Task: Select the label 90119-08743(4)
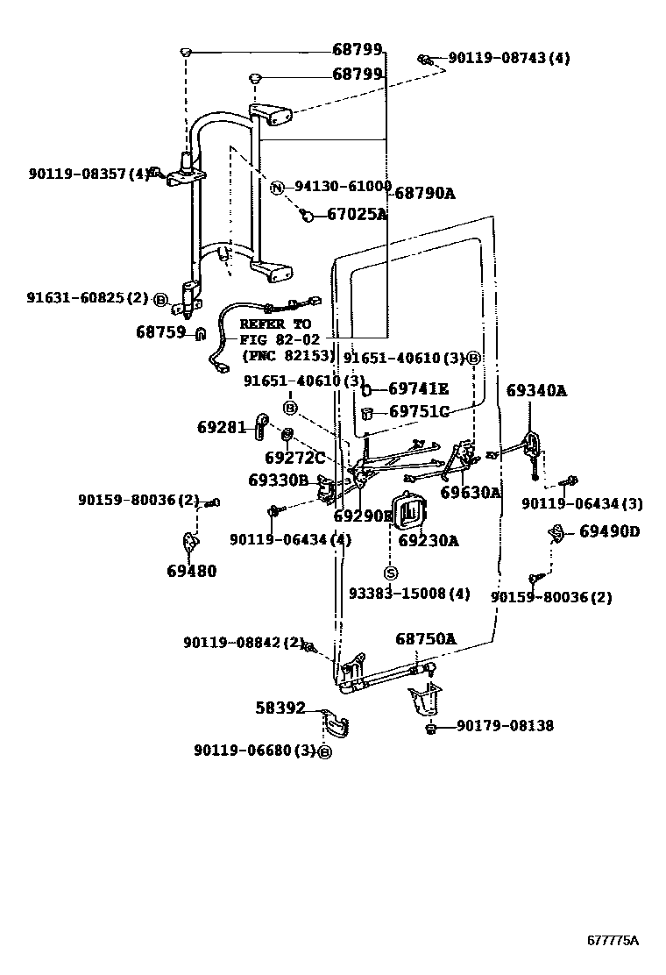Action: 508,58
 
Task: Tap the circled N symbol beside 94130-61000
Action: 277,187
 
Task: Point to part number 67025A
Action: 357,214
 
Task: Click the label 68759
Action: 161,332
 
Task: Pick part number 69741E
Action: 418,389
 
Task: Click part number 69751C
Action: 419,412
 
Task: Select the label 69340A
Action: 536,391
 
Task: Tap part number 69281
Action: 222,427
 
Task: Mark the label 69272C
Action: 294,457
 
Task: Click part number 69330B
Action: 278,480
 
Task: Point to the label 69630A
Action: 471,493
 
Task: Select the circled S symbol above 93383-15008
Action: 391,573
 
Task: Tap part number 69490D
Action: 610,531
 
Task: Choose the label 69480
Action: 191,572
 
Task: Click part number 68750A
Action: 426,639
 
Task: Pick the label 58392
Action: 280,707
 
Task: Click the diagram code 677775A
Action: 613,941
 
